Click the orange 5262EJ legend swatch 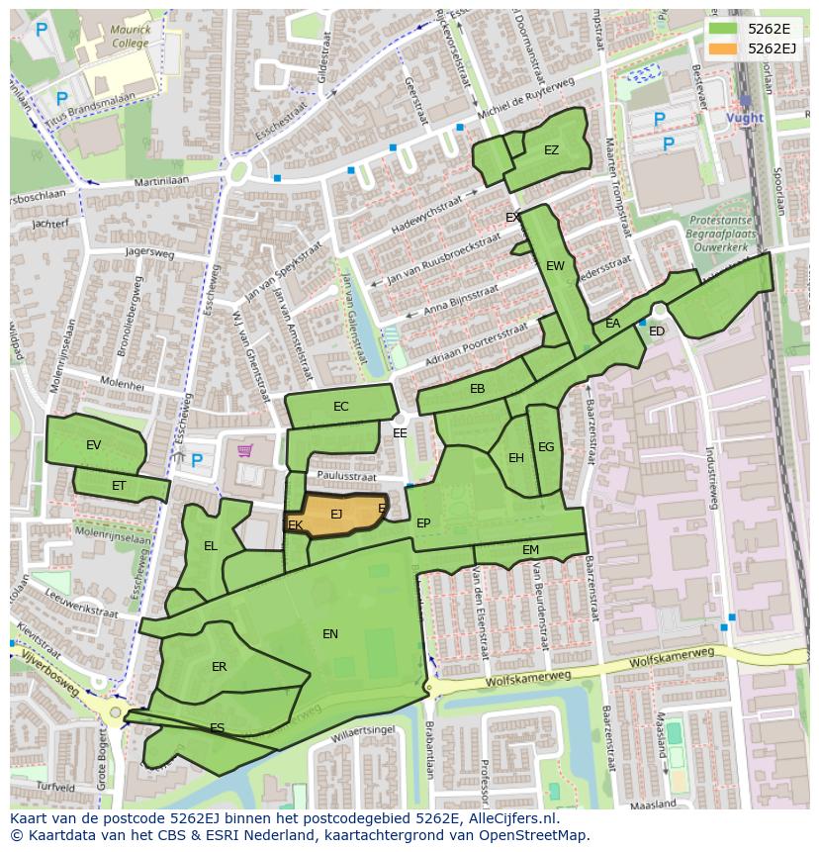point(723,48)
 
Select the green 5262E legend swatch point(723,29)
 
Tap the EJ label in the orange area point(336,514)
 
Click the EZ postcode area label point(551,150)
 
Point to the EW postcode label point(555,266)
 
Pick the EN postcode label point(330,634)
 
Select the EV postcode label point(93,445)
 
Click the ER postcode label point(219,667)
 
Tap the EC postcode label point(340,407)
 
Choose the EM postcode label point(530,550)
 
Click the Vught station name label point(745,118)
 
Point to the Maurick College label point(131,37)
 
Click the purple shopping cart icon point(244,451)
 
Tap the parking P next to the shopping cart point(196,460)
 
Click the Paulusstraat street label point(350,476)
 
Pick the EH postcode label point(515,458)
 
